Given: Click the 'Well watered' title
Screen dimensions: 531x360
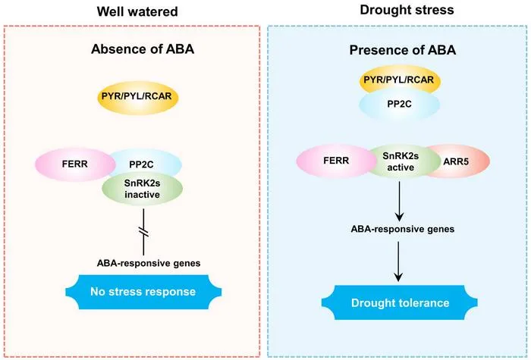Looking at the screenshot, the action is click(137, 11).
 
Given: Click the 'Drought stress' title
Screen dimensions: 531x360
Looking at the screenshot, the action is click(407, 10).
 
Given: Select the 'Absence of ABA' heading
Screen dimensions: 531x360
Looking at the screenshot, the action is click(143, 49).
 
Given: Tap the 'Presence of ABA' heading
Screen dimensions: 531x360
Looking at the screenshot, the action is click(403, 50).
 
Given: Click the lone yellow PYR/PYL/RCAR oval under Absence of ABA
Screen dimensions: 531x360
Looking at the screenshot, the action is click(137, 96).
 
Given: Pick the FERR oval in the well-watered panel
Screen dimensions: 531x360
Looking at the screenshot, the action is click(75, 164).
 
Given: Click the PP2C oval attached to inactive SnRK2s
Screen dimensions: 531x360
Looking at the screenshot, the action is click(146, 164).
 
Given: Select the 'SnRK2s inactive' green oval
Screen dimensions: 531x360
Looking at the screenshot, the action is click(143, 189).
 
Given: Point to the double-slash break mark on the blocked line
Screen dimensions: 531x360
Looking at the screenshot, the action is click(143, 232).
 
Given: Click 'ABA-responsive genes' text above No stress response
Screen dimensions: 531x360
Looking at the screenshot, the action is click(149, 263).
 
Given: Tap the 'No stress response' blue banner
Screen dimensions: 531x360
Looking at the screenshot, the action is click(143, 292).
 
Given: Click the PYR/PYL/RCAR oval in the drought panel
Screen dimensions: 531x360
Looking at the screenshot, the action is click(399, 80).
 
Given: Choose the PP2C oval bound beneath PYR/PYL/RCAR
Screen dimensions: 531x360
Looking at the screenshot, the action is click(399, 105).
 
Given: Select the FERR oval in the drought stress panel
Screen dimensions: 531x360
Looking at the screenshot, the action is click(336, 161).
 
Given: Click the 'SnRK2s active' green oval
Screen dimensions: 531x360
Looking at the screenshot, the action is click(401, 161).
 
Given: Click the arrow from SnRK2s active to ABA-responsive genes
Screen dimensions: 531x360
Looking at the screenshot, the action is click(400, 201).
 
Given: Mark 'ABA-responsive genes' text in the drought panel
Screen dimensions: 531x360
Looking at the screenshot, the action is click(403, 229).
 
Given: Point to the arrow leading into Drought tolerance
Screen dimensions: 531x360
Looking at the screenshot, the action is click(398, 261).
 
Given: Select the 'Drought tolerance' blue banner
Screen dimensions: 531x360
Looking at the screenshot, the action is click(400, 302).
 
